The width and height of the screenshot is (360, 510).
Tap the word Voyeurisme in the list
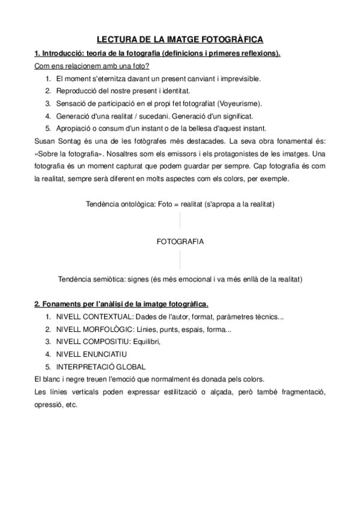point(238,103)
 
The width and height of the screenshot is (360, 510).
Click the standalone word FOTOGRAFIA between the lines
point(180,242)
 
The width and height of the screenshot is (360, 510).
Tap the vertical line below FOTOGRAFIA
point(180,260)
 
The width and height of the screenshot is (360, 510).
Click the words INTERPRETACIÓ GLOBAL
point(100,367)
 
